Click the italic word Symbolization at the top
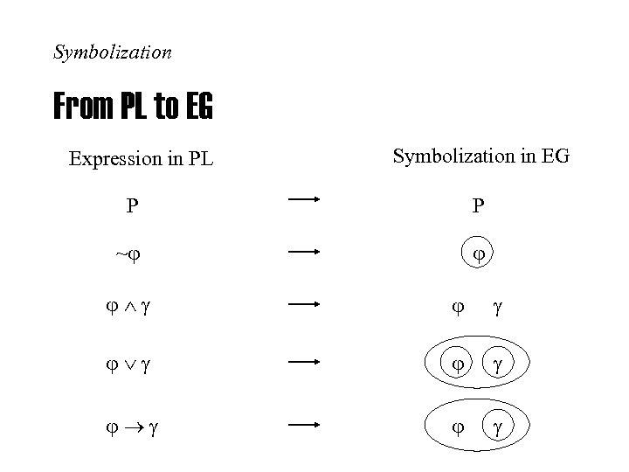[x=113, y=52]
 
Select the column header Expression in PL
[x=141, y=159]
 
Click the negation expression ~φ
[x=128, y=254]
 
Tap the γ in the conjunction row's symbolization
[x=499, y=309]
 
